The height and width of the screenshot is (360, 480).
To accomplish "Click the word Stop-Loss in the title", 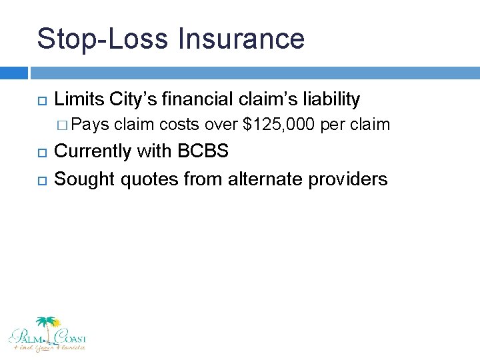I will (102, 39).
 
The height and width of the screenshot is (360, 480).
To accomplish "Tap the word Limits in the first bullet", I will (79, 100).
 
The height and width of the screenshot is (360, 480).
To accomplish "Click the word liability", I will (328, 100).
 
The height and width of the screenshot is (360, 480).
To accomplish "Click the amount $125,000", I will (280, 124).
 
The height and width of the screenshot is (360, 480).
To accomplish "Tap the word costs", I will (180, 124).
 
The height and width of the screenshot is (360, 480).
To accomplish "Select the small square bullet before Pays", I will (63, 125).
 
